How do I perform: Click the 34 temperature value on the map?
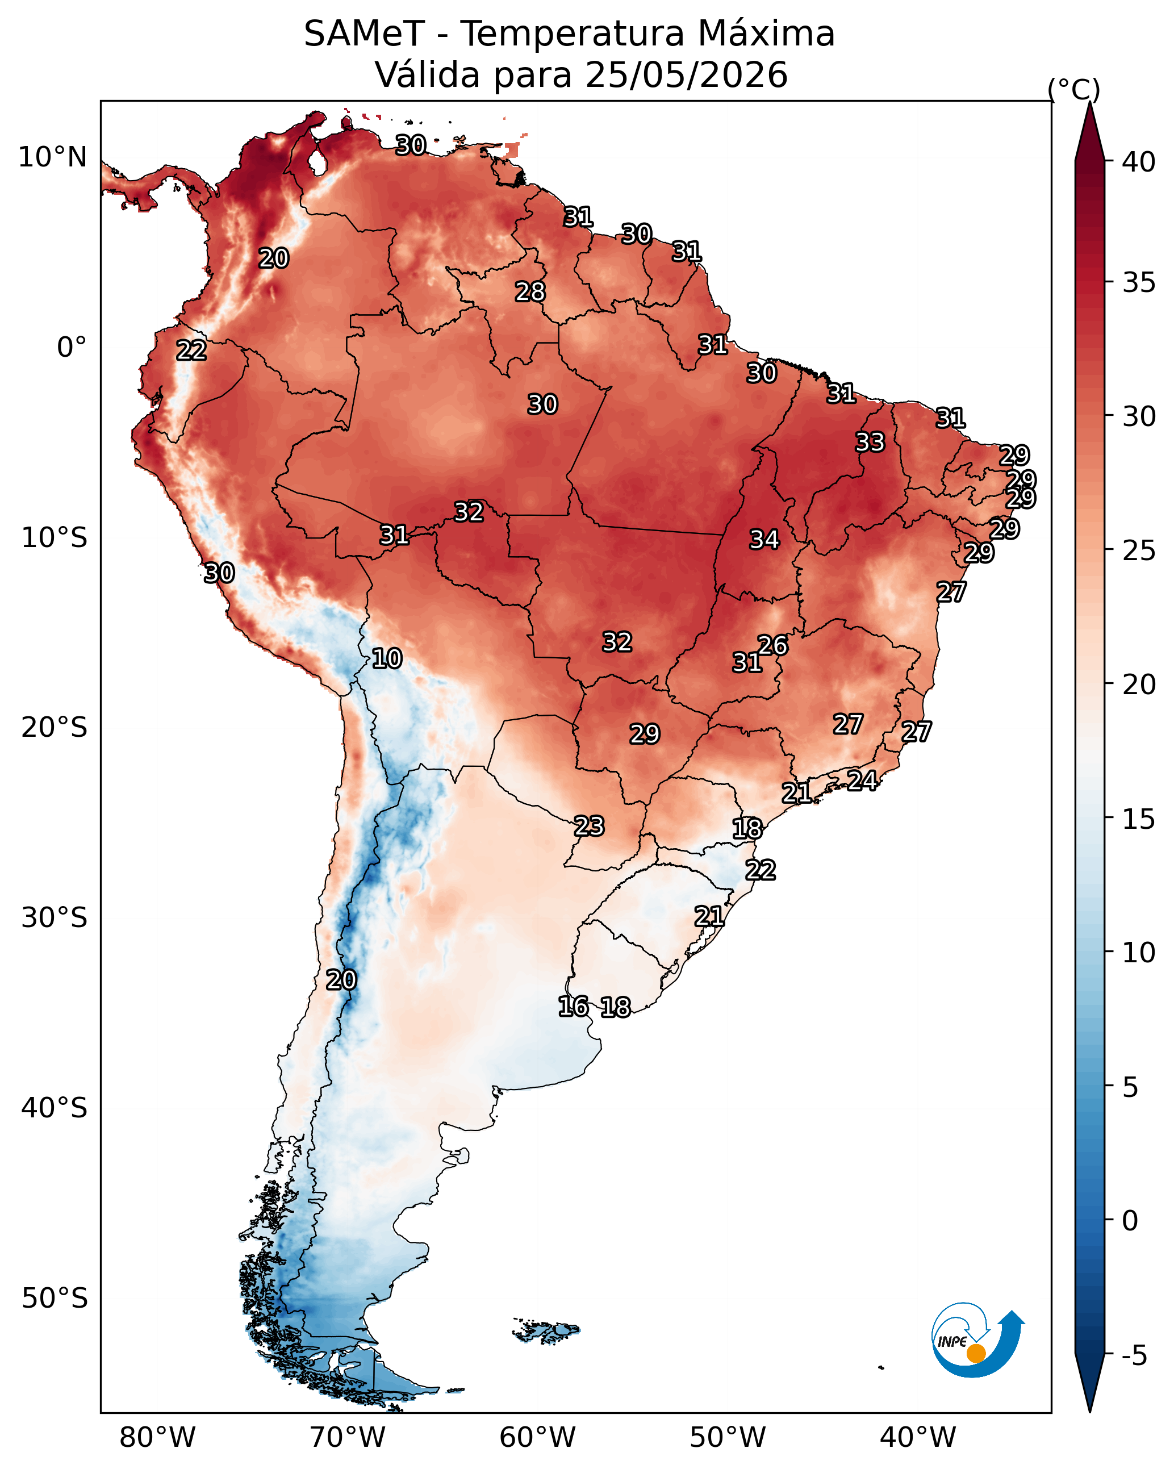click(x=764, y=540)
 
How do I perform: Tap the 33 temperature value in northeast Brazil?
click(x=870, y=442)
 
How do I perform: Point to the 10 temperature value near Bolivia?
click(x=386, y=658)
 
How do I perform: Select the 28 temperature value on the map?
click(x=530, y=291)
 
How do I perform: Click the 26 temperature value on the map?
click(x=772, y=645)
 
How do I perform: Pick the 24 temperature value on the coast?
click(x=862, y=780)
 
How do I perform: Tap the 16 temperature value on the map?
click(x=573, y=1007)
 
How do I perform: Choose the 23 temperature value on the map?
click(x=588, y=826)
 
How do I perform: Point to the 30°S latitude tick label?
click(x=55, y=918)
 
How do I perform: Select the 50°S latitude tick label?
click(x=55, y=1298)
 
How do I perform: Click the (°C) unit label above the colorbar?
click(x=1074, y=89)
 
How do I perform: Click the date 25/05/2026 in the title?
click(x=686, y=75)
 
